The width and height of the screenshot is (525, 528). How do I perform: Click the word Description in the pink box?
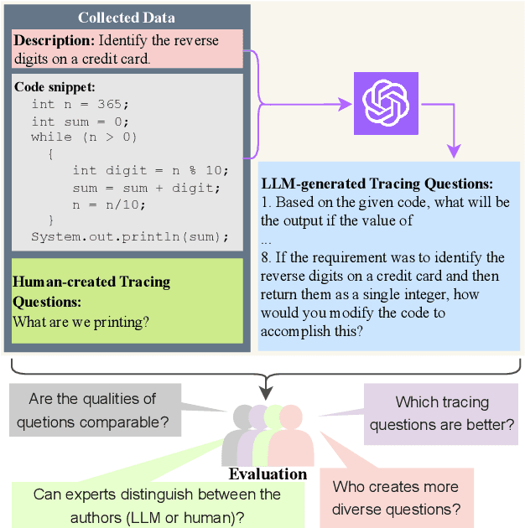(x=54, y=39)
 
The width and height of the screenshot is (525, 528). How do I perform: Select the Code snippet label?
(x=55, y=87)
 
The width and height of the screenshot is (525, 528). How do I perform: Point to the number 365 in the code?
(x=113, y=104)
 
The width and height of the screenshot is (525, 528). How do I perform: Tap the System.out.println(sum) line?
(x=129, y=237)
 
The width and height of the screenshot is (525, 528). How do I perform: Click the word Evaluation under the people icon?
(x=268, y=474)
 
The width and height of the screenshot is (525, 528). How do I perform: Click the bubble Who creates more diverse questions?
(x=395, y=499)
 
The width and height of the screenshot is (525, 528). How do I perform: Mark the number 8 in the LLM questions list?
(x=266, y=257)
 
